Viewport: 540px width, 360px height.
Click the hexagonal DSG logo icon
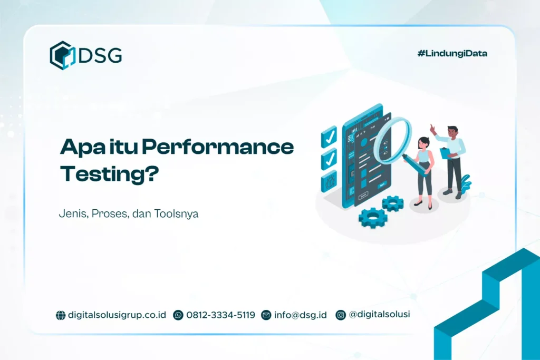tap(63, 55)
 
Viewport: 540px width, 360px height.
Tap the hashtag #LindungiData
tap(452, 53)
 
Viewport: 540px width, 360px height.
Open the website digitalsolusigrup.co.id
tap(117, 315)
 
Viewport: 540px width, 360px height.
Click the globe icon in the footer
tap(61, 315)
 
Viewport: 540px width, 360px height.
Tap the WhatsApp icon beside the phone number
tap(178, 315)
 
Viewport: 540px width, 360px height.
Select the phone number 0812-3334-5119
tap(220, 315)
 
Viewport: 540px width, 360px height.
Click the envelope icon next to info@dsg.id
tap(266, 315)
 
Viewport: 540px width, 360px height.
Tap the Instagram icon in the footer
tap(341, 315)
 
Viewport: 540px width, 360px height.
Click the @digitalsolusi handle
tap(380, 314)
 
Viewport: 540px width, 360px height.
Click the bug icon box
tap(329, 181)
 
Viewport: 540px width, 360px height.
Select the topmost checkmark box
tap(329, 136)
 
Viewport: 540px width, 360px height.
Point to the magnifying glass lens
tap(392, 140)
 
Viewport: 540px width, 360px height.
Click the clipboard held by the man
tap(446, 153)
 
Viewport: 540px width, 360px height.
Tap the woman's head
tap(423, 142)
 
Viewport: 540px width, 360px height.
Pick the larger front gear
tap(373, 217)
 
